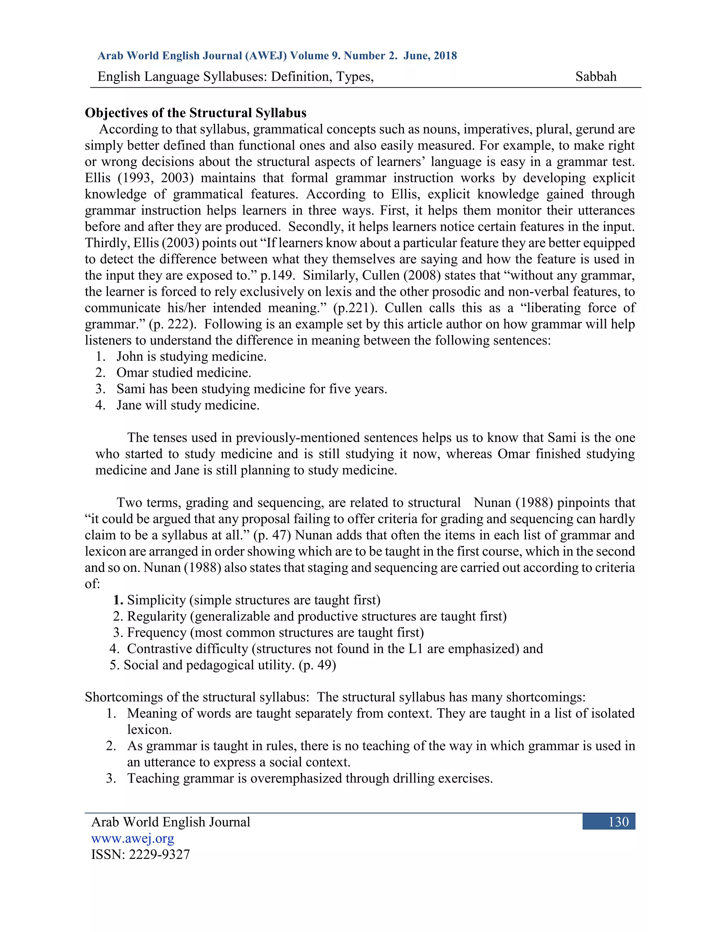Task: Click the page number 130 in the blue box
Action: tap(618, 822)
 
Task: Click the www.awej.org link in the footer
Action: tap(133, 838)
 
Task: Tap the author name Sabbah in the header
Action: tap(596, 76)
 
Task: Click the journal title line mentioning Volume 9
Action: tap(277, 56)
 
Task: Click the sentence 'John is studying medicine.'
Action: tap(191, 356)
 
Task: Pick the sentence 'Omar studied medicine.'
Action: tap(184, 372)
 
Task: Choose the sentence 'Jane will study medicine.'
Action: tap(188, 405)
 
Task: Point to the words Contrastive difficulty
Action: tap(187, 649)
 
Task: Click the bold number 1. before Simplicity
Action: tap(118, 600)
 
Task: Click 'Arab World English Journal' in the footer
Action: tap(171, 822)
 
